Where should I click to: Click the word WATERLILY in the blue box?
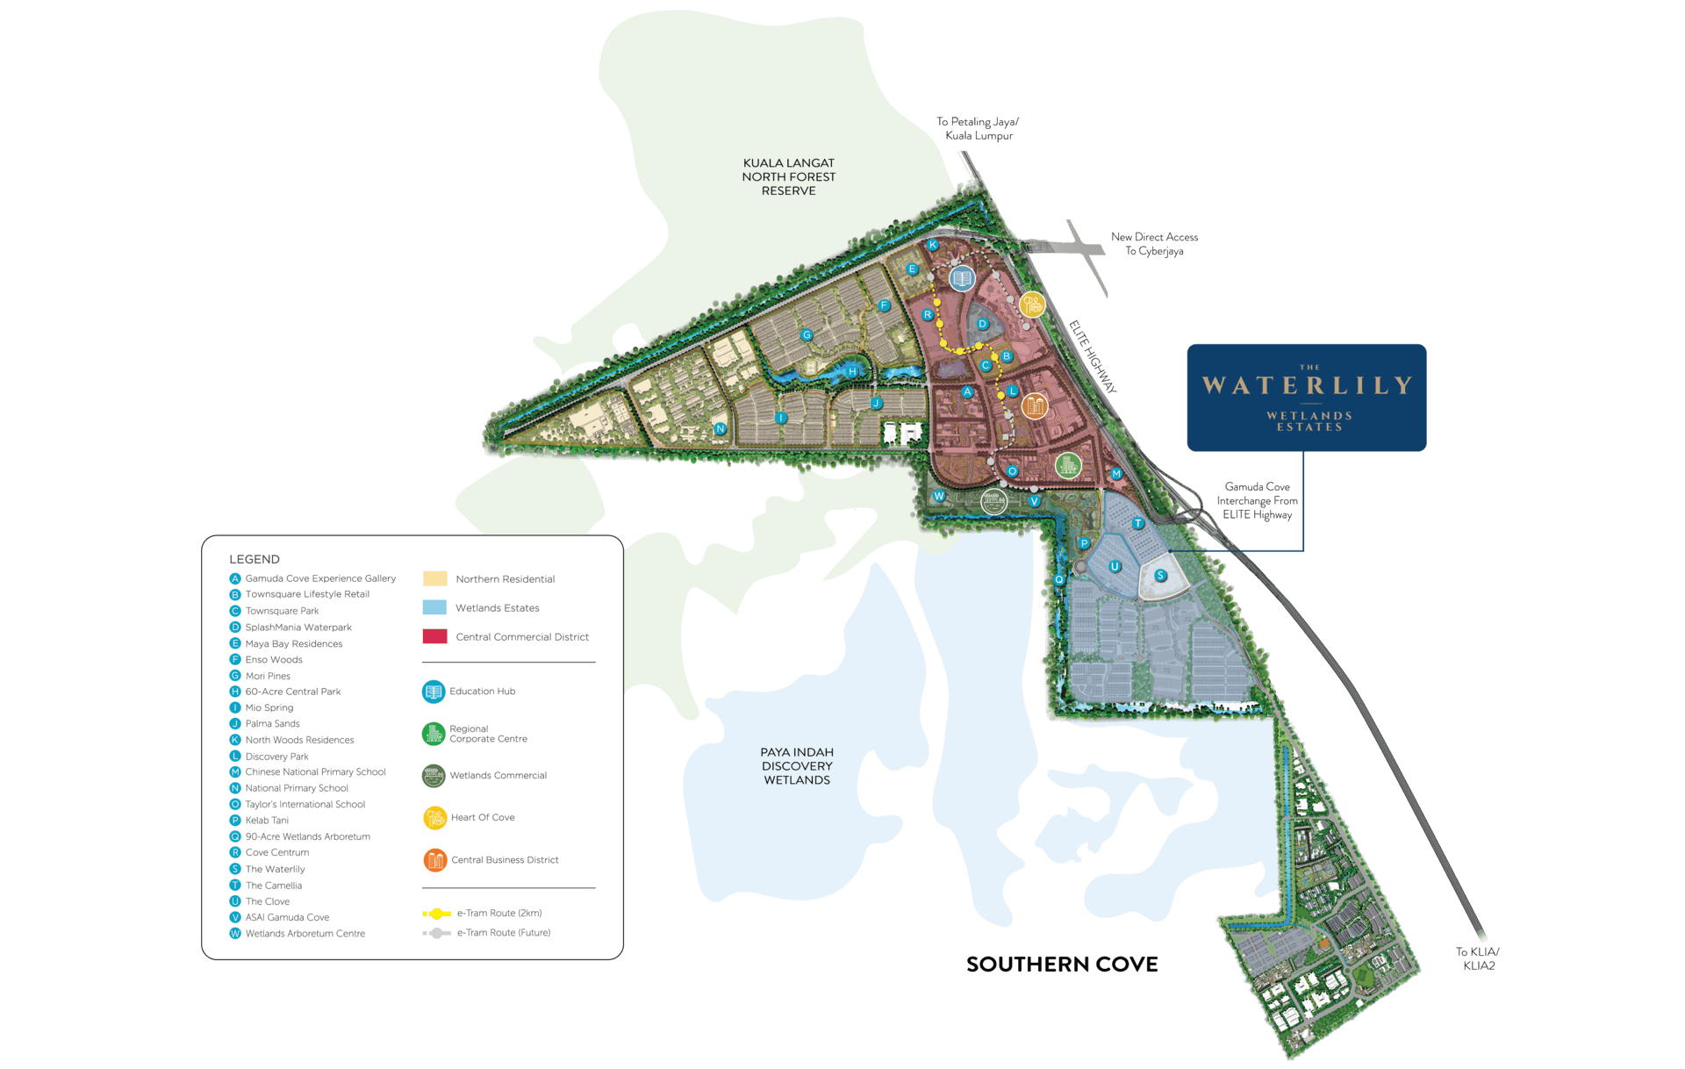tap(1307, 385)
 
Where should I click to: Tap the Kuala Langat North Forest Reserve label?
tap(788, 176)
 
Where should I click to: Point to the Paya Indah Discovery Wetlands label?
tap(797, 765)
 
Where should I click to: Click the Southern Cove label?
tap(1062, 965)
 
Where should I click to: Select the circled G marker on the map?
tap(807, 334)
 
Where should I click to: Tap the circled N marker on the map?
tap(721, 428)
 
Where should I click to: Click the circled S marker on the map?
tap(1160, 576)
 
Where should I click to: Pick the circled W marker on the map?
tap(939, 496)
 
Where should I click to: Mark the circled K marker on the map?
tap(933, 245)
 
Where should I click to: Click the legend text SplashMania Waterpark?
tap(298, 628)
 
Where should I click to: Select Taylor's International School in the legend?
tap(305, 804)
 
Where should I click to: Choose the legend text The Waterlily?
tap(275, 869)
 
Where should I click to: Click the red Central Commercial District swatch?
tap(434, 636)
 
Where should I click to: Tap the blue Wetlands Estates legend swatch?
tap(434, 607)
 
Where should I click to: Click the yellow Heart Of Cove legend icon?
tap(434, 817)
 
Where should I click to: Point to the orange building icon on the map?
tap(1036, 405)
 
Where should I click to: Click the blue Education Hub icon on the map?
tap(963, 278)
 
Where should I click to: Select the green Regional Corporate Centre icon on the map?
tap(1067, 464)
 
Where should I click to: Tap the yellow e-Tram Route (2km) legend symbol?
tap(436, 914)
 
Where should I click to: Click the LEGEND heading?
tap(255, 559)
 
